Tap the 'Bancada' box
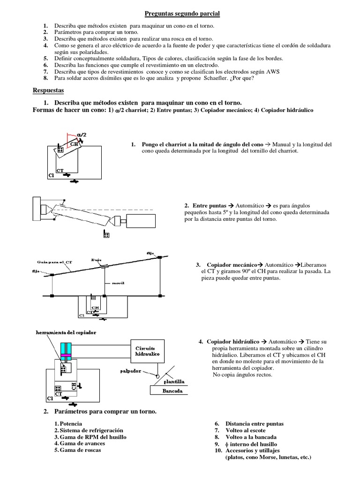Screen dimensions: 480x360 [167, 391]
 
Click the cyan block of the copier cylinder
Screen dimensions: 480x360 [65, 349]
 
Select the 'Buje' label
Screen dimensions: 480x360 [97, 259]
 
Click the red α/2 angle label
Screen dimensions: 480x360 [81, 135]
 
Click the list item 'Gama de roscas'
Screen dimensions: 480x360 [80, 450]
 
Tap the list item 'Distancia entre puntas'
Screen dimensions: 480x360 [255, 424]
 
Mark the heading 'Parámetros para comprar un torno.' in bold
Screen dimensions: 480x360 [105, 412]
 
